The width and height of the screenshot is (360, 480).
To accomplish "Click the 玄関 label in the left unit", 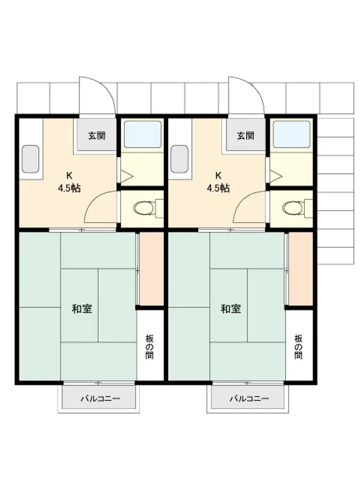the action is tap(97, 135).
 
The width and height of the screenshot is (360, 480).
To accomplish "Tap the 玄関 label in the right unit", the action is tap(245, 135).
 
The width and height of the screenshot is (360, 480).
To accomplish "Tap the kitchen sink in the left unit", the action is tap(30, 159).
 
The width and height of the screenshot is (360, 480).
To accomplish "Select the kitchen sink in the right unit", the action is tap(180, 159).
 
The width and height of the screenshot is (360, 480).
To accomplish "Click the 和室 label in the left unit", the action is tap(82, 309).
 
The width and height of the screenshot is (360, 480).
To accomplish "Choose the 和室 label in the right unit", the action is tap(231, 309).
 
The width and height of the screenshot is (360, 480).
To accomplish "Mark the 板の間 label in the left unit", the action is tap(150, 347).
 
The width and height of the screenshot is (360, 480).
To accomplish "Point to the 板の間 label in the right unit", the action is tap(299, 347).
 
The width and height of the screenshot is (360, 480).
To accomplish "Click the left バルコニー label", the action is tap(101, 398).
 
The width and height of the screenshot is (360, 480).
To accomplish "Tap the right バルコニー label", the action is tap(250, 398).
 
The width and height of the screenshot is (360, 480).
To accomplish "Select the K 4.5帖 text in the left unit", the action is tap(70, 182).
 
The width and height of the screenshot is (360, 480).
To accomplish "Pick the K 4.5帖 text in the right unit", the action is tap(218, 182).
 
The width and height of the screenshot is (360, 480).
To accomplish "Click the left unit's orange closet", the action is tap(152, 269).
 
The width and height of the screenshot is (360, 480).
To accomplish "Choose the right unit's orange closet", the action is tap(300, 269).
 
